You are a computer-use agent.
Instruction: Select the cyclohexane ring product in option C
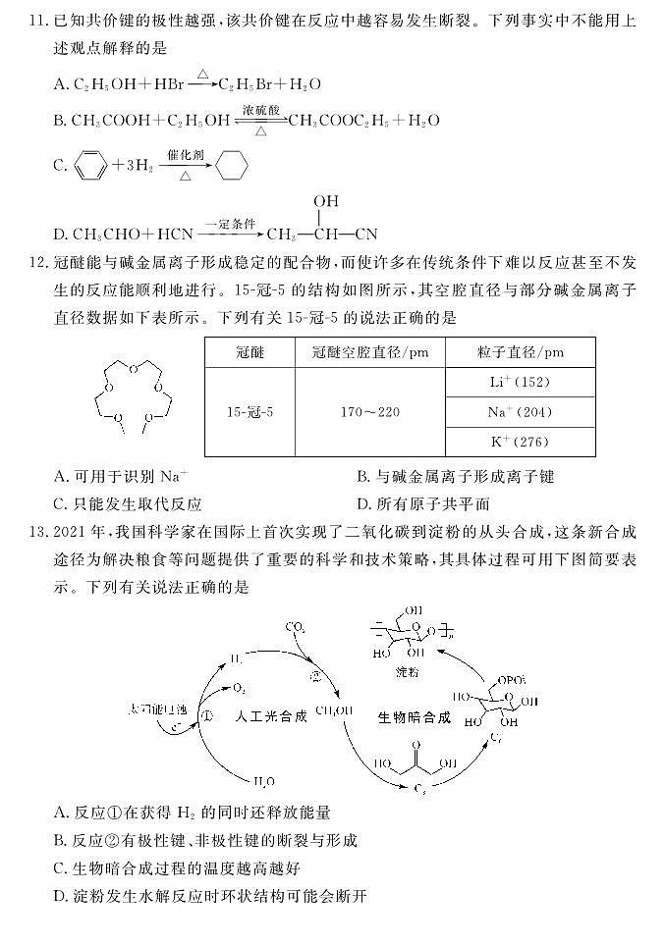[231, 165]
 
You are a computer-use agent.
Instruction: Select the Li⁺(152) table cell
[520, 382]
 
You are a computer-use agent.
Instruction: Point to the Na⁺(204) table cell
[520, 412]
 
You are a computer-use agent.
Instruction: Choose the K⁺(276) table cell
[520, 443]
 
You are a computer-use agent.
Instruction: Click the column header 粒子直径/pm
[520, 352]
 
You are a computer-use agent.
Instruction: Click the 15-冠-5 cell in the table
[249, 412]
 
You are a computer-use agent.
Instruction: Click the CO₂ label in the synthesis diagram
[295, 626]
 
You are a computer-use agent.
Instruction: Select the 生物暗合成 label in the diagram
[414, 717]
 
